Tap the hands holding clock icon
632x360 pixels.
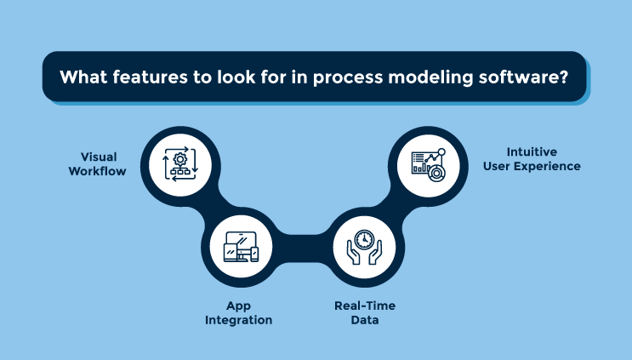tap(363, 247)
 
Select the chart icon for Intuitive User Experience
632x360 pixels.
tap(427, 162)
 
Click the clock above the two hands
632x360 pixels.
tap(363, 239)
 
